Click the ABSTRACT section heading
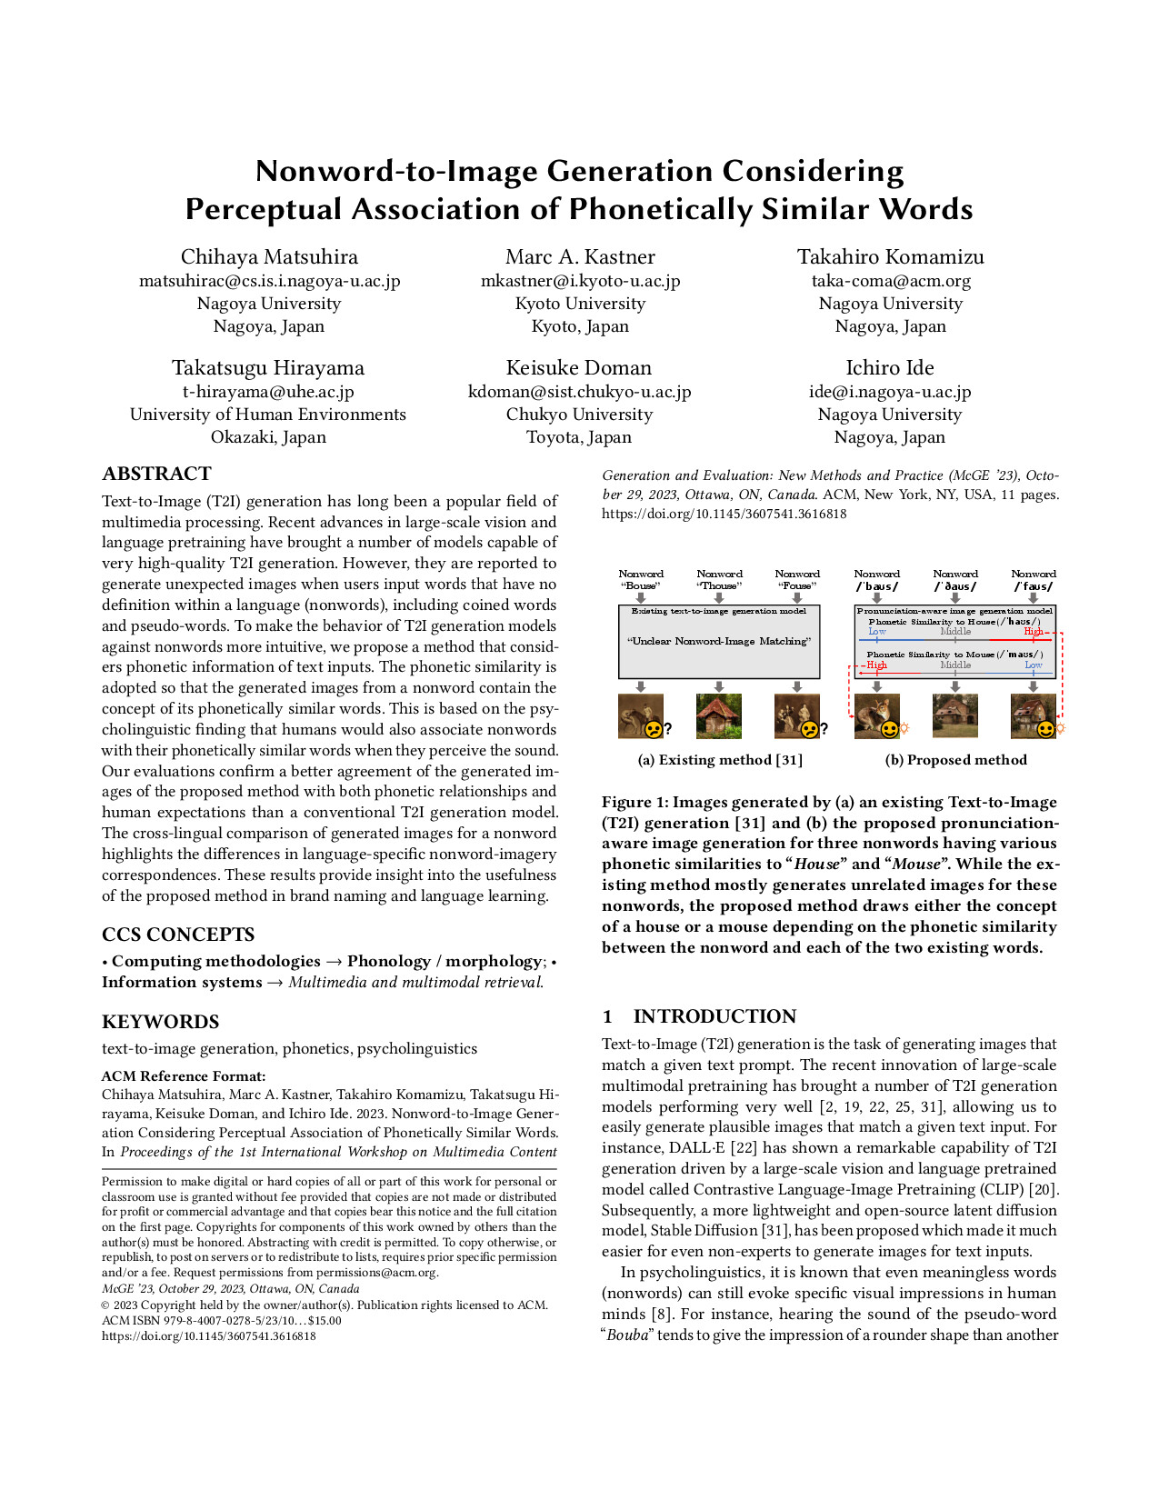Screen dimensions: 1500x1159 pyautogui.click(x=156, y=474)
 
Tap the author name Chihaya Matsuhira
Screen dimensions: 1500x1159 pyautogui.click(x=269, y=257)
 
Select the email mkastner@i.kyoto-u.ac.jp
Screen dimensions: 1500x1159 pyautogui.click(x=580, y=281)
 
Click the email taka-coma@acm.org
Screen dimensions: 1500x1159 pyautogui.click(x=890, y=281)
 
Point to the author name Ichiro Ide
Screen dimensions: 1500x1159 pyautogui.click(x=889, y=368)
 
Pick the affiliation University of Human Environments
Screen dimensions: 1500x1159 pyautogui.click(x=268, y=415)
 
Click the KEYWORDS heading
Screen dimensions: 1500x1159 pyautogui.click(x=160, y=1022)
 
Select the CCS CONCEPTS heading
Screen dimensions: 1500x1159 pyautogui.click(x=178, y=935)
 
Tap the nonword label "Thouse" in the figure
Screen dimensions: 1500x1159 pyautogui.click(x=719, y=585)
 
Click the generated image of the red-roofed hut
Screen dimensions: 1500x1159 pyautogui.click(x=718, y=715)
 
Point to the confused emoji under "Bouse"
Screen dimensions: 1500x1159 pyautogui.click(x=653, y=728)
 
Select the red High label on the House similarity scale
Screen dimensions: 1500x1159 pyautogui.click(x=1033, y=631)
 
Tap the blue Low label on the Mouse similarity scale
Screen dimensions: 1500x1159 pyautogui.click(x=1033, y=665)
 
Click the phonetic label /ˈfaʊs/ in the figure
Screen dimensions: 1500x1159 pyautogui.click(x=1034, y=586)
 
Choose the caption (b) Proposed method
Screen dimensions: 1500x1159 pyautogui.click(x=955, y=760)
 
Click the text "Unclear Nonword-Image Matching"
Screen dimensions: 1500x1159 pyautogui.click(x=718, y=641)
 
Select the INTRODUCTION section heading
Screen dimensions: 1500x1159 pyautogui.click(x=714, y=1016)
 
